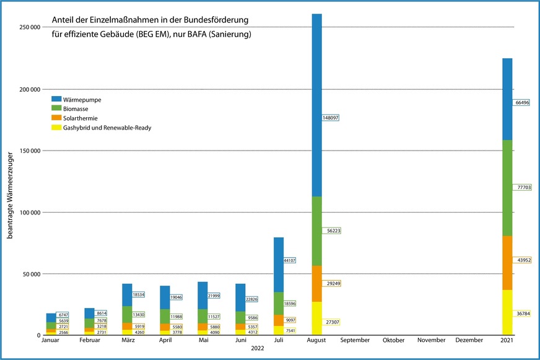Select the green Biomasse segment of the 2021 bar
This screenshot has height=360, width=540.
[x=507, y=188]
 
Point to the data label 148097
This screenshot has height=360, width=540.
[x=330, y=117]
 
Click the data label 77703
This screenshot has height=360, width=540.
[x=522, y=187]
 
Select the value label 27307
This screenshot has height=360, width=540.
[x=330, y=322]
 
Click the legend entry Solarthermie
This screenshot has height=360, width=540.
[x=81, y=118]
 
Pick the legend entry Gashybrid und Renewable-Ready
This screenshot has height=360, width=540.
[x=107, y=128]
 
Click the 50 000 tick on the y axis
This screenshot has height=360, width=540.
[x=28, y=274]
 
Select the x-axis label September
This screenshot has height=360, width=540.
[x=355, y=340]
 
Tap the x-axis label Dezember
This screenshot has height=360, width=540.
[x=470, y=340]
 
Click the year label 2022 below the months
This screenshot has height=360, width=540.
[x=258, y=349]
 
